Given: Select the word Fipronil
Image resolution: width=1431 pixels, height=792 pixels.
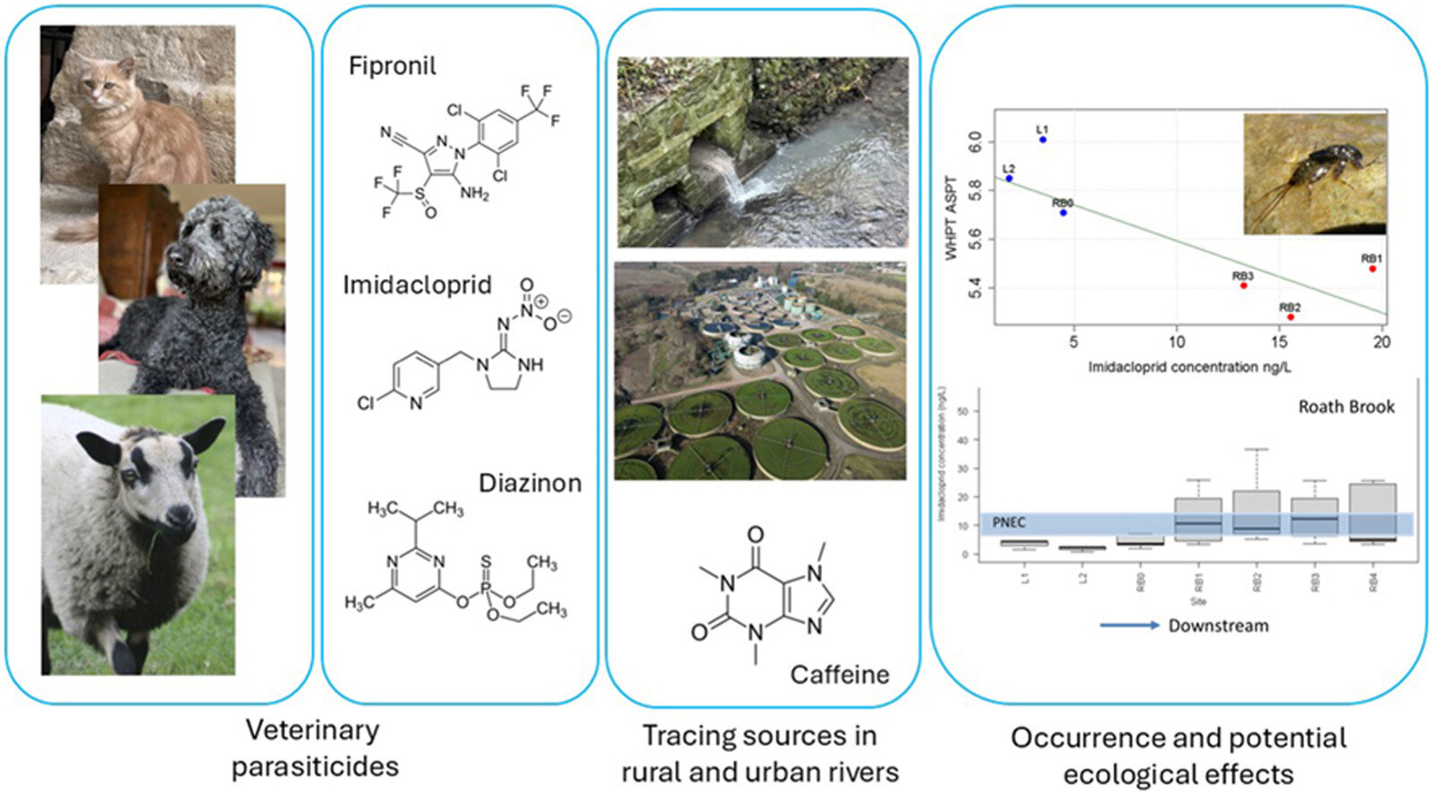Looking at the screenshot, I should pos(393,66).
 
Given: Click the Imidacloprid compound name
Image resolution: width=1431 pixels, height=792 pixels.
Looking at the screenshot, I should pos(418,285).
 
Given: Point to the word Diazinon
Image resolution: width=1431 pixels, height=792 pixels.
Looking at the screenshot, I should pos(530,484).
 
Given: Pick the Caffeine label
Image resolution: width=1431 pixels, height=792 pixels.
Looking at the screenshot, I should pos(840,674).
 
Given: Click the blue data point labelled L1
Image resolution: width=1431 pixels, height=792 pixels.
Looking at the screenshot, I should pos(1043,139).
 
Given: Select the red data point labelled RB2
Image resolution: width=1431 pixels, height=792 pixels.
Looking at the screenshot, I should pos(1291,317).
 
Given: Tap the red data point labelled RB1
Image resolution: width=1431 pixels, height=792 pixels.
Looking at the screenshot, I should pos(1372,268).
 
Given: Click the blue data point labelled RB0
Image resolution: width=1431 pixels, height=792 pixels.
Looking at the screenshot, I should pos(1063,213).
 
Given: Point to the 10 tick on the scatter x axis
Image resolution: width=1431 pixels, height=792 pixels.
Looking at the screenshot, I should pos(1177,341).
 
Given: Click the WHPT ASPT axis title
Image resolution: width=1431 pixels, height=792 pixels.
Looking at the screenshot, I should pos(952,218).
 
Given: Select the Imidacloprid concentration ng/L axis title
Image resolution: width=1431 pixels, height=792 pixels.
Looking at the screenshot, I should pos(1190,367).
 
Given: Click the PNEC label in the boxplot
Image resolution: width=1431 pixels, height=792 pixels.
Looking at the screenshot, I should pos(1009,523).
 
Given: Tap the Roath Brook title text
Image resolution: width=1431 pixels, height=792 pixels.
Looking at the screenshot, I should pos(1346,407).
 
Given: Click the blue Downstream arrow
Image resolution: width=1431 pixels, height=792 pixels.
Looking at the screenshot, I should pos(1130,625).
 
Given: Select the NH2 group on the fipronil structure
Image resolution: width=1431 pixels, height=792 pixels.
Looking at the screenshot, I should pos(475,193).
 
